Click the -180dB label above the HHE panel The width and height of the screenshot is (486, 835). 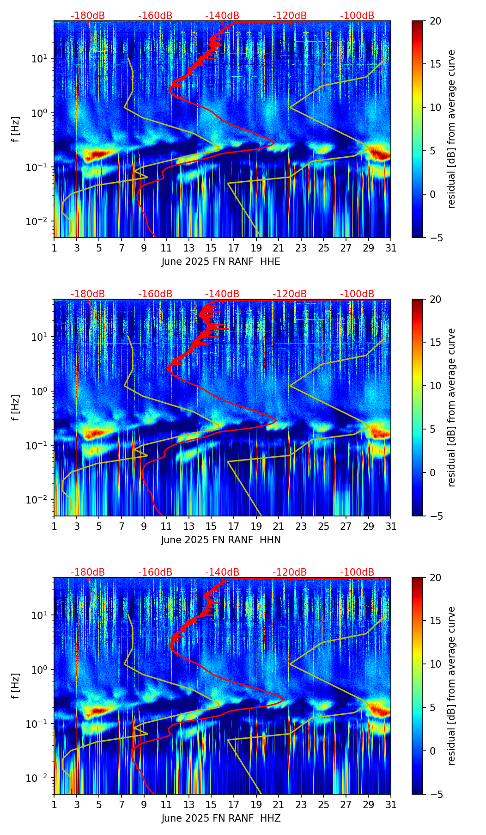88,16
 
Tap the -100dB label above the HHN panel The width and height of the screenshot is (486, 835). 357,294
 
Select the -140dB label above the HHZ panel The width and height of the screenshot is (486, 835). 222,572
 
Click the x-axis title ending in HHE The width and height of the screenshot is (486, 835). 221,262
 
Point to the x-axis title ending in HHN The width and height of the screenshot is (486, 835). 221,540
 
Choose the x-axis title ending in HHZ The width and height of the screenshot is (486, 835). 221,818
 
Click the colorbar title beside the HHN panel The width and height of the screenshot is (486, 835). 452,407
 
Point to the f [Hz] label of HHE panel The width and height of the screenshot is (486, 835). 16,129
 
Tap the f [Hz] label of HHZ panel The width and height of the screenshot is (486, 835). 16,686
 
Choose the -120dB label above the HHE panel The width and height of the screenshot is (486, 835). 290,16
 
